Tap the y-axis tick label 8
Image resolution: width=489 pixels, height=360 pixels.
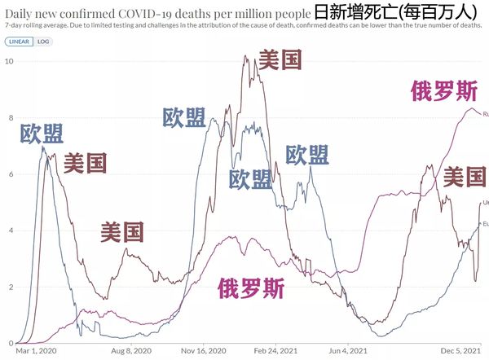(x=9, y=117)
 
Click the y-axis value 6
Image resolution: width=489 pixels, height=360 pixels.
(x=9, y=173)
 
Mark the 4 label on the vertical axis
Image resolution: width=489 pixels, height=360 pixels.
(x=9, y=230)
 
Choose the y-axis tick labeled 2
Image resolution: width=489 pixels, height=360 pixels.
(x=9, y=287)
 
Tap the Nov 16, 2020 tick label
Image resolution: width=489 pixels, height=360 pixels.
(x=204, y=352)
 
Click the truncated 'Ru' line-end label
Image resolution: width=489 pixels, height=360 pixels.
(x=485, y=114)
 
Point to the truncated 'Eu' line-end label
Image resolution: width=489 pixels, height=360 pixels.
(x=485, y=223)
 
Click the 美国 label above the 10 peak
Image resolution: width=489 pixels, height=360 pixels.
(x=280, y=60)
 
